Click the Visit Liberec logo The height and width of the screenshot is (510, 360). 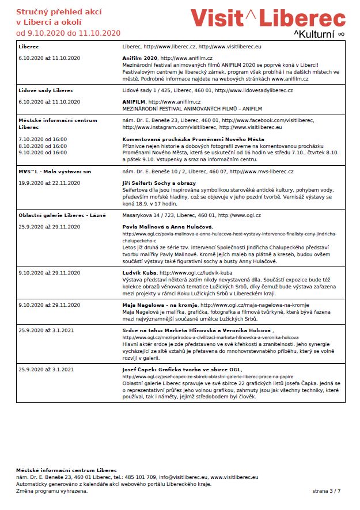tap(268, 18)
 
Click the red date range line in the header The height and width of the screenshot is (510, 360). tap(68, 32)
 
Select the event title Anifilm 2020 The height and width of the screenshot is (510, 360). tap(140, 58)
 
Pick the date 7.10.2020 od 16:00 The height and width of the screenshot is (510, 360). tap(43, 139)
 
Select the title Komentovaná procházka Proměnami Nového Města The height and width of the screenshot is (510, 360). tap(185, 139)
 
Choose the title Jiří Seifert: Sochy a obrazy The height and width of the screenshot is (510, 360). tap(159, 182)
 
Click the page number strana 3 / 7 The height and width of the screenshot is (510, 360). tap(327, 491)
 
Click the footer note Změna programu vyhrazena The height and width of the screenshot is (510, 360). tap(52, 491)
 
